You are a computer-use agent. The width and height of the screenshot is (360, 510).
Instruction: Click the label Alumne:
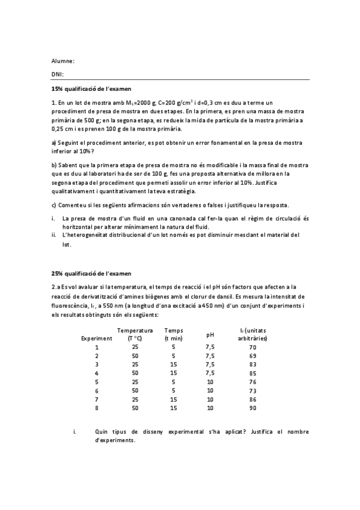click(63, 61)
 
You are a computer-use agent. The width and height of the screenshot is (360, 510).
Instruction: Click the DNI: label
click(58, 75)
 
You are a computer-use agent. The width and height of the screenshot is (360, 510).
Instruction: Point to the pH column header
click(210, 334)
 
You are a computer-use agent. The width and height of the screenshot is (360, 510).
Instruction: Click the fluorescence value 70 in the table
click(252, 348)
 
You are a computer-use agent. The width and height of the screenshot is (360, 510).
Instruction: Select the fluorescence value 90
click(252, 408)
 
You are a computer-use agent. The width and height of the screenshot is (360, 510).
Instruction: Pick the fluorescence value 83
click(252, 364)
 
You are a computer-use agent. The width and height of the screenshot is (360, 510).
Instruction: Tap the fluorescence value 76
click(252, 382)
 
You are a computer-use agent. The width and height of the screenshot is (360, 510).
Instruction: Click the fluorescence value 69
click(252, 356)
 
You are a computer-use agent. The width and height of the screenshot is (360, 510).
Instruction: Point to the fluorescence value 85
click(252, 373)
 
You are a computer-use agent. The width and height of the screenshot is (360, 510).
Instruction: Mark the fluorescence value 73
click(252, 390)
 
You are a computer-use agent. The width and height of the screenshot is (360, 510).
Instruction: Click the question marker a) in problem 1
click(53, 143)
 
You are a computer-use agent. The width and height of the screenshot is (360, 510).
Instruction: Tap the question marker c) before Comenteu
click(53, 204)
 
